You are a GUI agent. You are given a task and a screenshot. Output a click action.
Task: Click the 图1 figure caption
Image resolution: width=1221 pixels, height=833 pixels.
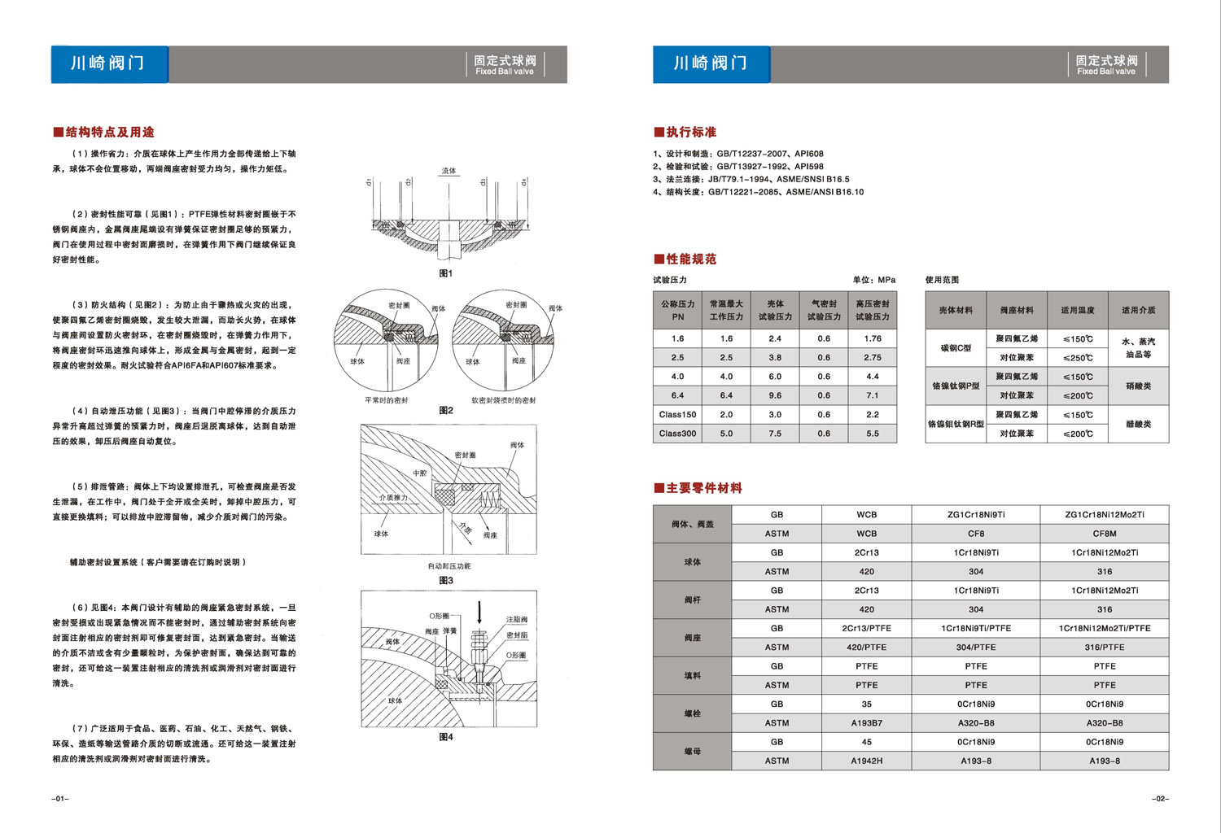click(446, 273)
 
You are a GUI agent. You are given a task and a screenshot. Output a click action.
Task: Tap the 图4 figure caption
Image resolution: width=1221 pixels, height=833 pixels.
click(446, 737)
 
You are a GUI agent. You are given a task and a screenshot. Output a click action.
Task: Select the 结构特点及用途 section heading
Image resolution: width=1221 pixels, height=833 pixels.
click(103, 132)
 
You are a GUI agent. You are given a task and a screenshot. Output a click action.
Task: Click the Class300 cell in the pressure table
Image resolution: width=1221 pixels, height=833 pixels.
click(677, 434)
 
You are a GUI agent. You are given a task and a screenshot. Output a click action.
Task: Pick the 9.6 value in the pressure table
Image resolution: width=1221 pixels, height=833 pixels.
click(775, 395)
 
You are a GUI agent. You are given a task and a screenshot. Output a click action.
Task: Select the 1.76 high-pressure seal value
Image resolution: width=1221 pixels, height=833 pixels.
click(873, 338)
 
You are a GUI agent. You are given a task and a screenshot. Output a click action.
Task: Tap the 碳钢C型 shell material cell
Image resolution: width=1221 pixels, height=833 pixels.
click(956, 348)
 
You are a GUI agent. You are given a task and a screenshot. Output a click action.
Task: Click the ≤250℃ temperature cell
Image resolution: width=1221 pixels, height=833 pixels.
click(1078, 358)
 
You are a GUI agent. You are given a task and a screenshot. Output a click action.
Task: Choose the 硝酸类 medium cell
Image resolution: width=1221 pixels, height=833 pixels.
click(1138, 386)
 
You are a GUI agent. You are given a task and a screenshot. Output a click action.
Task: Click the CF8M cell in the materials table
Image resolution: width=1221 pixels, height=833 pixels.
click(1105, 534)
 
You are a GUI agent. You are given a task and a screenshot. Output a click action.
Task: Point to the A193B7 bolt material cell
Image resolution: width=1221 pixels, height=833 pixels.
click(866, 723)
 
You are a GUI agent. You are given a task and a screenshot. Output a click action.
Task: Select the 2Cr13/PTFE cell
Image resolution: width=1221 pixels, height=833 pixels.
click(866, 628)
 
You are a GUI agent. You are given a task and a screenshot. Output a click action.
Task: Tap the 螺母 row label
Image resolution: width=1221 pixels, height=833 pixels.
click(692, 752)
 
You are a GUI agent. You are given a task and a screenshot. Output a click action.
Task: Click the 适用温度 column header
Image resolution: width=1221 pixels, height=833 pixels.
click(1078, 310)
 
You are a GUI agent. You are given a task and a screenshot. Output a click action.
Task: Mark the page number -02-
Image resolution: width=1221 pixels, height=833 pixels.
click(1160, 799)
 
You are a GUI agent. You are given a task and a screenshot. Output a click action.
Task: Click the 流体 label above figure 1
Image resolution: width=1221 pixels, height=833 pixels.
click(449, 171)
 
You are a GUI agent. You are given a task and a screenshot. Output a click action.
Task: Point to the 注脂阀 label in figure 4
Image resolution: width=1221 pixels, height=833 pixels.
click(517, 619)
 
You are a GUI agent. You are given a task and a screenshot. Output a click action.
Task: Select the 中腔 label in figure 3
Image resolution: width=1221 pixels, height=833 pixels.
click(419, 473)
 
